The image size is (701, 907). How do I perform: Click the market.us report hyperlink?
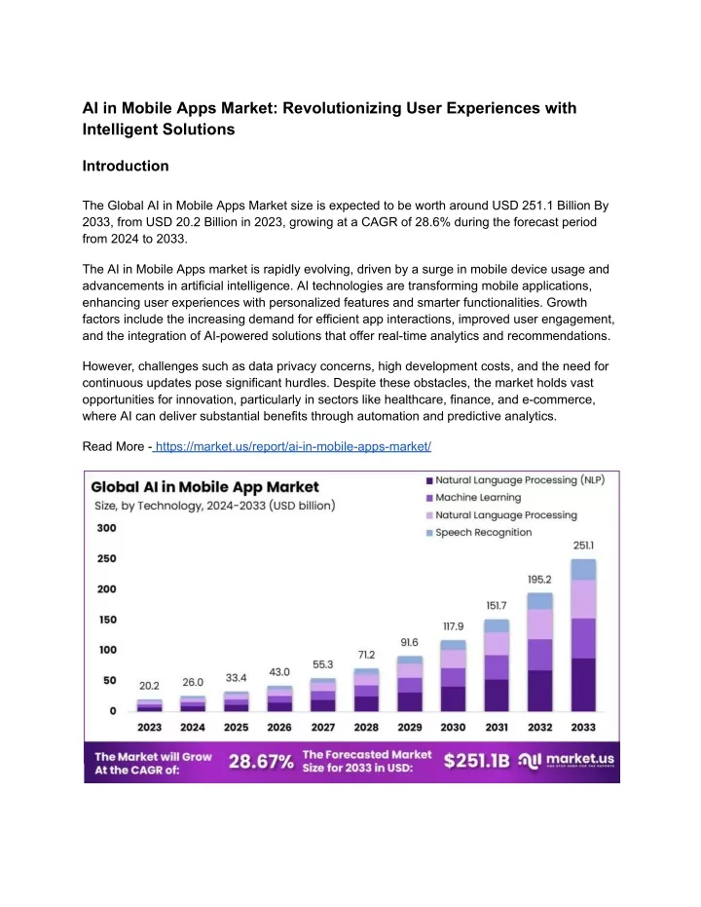(x=292, y=446)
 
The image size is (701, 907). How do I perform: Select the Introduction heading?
(x=126, y=166)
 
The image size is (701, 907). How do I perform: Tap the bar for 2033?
(x=583, y=635)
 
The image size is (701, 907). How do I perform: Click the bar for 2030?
(x=453, y=676)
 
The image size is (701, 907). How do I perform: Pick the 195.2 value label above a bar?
(x=539, y=579)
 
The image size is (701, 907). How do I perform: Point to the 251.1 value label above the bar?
(x=583, y=546)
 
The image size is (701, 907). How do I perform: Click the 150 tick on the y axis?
(x=107, y=620)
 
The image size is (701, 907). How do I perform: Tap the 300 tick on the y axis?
(x=106, y=528)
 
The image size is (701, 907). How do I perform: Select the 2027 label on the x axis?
(x=323, y=727)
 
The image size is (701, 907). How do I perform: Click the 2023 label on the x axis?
(x=149, y=727)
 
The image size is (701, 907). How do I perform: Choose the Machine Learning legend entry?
(x=473, y=498)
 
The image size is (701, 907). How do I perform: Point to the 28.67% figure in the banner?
(x=261, y=762)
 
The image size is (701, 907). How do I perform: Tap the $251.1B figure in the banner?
(x=477, y=761)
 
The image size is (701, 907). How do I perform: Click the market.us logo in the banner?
(x=566, y=761)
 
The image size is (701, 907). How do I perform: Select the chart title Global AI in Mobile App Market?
(x=204, y=487)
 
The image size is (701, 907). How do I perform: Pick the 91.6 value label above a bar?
(x=409, y=643)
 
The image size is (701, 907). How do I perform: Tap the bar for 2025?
(x=237, y=701)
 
